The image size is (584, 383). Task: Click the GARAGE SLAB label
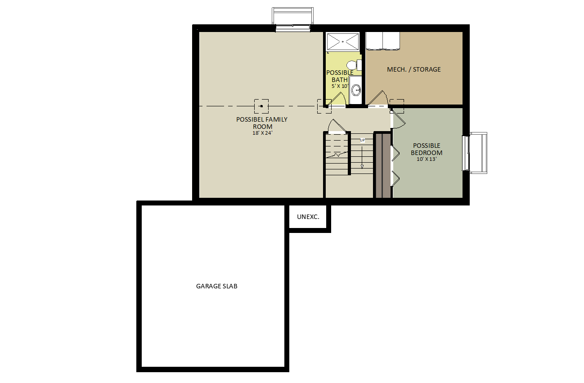[x=216, y=286]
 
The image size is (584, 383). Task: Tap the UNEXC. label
[x=308, y=217]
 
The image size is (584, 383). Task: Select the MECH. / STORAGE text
[x=414, y=69]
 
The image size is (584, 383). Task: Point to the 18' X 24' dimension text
[x=262, y=133]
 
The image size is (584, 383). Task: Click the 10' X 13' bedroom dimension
[x=427, y=159]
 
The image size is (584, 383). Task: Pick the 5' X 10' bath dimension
[x=340, y=86]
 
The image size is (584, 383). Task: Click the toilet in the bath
[x=354, y=65]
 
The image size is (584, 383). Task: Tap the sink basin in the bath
[x=356, y=90]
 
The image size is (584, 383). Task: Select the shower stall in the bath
[x=343, y=41]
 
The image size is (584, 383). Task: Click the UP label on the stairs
[x=362, y=140]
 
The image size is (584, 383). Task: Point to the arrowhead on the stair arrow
[x=362, y=167]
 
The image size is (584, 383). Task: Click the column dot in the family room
[x=261, y=106]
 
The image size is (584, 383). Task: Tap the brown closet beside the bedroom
[x=383, y=165]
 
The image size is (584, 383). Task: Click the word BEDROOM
[x=427, y=153]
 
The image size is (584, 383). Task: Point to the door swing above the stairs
[x=337, y=125]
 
